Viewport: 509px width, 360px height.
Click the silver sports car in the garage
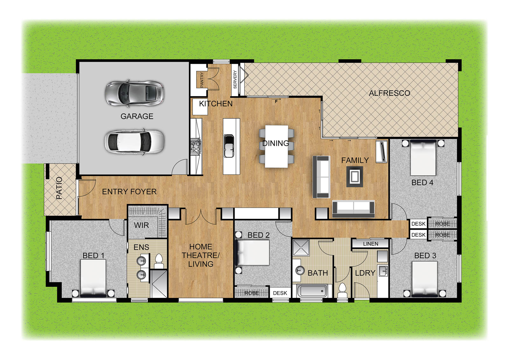[x=134, y=93]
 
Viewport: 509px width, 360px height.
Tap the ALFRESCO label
[x=389, y=93]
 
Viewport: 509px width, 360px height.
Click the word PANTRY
[x=202, y=80]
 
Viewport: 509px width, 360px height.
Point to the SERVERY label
[x=235, y=79]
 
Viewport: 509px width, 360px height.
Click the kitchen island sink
[x=229, y=146]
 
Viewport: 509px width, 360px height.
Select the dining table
[x=276, y=146]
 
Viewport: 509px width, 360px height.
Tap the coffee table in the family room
[x=354, y=176]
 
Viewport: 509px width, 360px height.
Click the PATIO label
[x=59, y=188]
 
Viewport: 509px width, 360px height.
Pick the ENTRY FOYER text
[x=129, y=192]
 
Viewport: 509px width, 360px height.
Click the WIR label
[x=141, y=225]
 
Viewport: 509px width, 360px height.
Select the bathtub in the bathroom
[x=312, y=291]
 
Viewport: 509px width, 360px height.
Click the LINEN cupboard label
[x=371, y=244]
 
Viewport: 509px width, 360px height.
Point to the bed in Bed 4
[x=423, y=158]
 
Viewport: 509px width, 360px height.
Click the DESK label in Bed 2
[x=280, y=293]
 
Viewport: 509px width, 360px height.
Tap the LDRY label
[x=365, y=273]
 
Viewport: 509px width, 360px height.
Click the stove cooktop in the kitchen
[x=196, y=146]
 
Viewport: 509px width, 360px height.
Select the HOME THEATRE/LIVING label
[x=201, y=255]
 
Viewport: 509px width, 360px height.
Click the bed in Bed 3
[x=424, y=279]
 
